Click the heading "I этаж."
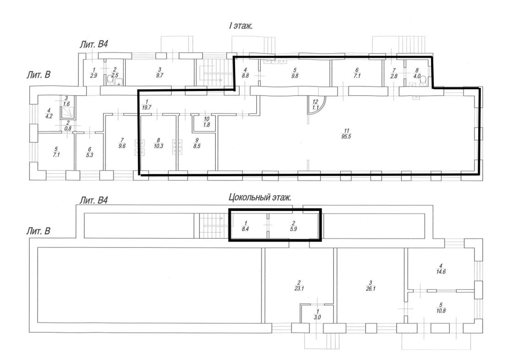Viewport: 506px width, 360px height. coord(241,26)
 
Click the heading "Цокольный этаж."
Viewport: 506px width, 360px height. coord(260,197)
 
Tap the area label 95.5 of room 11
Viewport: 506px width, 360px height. coord(347,137)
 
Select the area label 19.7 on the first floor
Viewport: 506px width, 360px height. coord(146,108)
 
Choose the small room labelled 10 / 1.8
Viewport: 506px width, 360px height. coord(206,123)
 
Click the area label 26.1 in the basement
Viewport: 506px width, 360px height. coord(371,289)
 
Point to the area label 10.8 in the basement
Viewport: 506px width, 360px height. coord(441,312)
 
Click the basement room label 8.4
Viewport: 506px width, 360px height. coord(245,229)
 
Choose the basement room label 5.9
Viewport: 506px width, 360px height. coord(293,229)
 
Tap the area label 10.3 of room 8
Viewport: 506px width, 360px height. coord(158,146)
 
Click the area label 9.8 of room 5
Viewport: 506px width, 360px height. coord(294,76)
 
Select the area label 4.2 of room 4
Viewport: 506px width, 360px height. coord(49,117)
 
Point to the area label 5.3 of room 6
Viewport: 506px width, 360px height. coord(90,155)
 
